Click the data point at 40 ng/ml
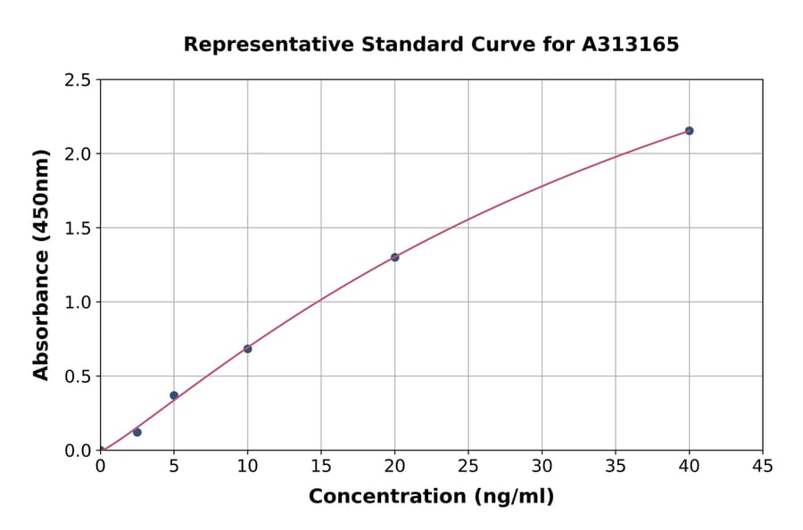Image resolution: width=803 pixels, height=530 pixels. coord(689,131)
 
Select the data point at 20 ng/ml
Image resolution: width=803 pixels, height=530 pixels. coord(394,257)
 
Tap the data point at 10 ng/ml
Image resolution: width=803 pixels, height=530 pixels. coord(247,349)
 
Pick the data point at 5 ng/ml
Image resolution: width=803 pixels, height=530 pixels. coord(174,395)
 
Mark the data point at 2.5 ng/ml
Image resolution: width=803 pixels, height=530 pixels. coord(137,432)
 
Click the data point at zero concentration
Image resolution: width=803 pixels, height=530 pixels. coord(100,451)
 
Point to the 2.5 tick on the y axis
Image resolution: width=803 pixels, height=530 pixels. coord(79,80)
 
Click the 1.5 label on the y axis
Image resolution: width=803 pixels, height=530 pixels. coord(79,228)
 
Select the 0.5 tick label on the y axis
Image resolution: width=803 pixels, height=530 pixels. coord(79,377)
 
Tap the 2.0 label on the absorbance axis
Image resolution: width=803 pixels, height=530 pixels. coord(79,154)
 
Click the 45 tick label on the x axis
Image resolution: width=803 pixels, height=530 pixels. coord(763,466)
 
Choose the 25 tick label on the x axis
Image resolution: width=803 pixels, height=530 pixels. coord(468,466)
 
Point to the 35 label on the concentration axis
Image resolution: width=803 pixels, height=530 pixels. coord(616,466)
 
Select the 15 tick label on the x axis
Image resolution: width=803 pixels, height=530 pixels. coord(321,466)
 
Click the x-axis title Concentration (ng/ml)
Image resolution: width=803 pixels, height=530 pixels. coord(431,497)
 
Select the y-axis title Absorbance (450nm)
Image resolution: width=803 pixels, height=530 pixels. coord(41,264)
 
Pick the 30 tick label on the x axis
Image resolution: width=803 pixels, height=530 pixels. coord(542,466)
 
